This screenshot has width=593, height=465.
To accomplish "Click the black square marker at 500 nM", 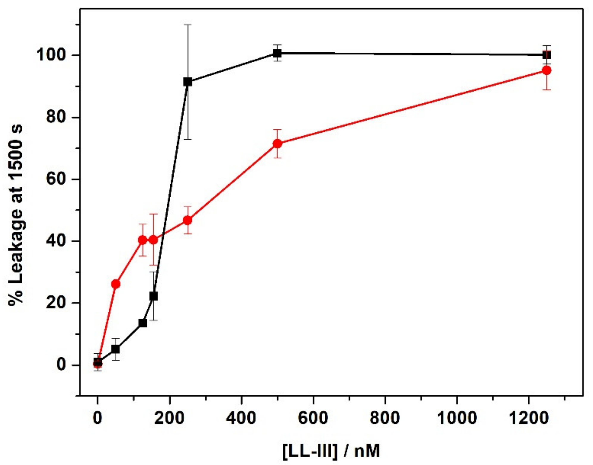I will point(277,53).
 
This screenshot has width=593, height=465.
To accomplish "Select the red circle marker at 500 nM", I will point(277,144).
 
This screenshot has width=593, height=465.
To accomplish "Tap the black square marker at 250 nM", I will point(188,82).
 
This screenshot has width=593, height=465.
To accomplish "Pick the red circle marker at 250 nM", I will point(188,220).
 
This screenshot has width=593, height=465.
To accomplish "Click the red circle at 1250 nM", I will point(547,71).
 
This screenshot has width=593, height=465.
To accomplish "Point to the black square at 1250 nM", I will point(547,55).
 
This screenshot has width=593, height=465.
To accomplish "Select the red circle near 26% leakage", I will point(116,284).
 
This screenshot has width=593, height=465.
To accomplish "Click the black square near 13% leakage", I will point(143,323).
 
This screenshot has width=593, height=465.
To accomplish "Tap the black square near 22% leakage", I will point(154,296).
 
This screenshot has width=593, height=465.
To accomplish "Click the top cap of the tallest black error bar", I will point(188,24).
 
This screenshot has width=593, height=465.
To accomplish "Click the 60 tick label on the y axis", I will point(55,179).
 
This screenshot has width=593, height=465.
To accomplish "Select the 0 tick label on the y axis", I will point(61,364).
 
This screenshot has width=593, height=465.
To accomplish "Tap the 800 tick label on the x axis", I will point(385,418).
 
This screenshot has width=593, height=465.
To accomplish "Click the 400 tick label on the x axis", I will point(241,418).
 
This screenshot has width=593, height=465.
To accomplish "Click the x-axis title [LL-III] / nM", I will point(331,451).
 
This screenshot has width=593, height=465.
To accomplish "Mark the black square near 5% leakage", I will point(116,349).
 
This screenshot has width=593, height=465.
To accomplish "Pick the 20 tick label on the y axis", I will point(55,303).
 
